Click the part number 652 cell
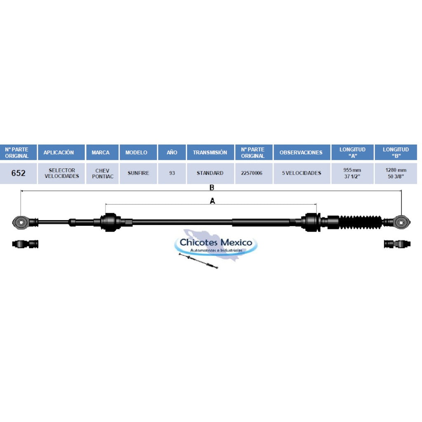tap(18, 173)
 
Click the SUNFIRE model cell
tap(138, 173)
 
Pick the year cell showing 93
tap(172, 173)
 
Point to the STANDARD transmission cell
tap(210, 173)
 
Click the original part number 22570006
tap(252, 173)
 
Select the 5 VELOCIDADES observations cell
tap(302, 173)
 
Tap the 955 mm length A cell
tap(352, 173)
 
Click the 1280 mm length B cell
tap(396, 173)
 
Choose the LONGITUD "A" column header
tap(352, 152)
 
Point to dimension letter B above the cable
tap(212, 188)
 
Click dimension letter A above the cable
tap(212, 201)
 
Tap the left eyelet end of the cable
tap(21, 222)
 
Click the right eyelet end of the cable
tap(401, 222)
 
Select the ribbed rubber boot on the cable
tap(360, 222)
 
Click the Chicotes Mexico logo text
tap(216, 242)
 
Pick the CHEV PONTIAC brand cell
tap(102, 173)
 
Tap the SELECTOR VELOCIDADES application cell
tap(62, 173)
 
